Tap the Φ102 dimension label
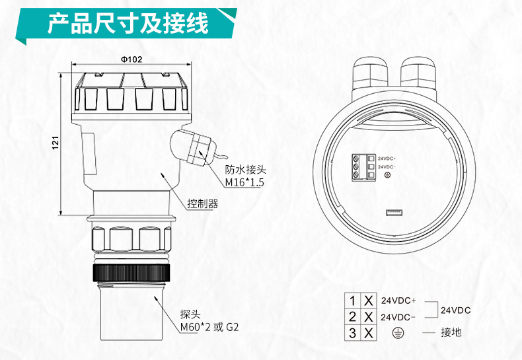coord(131,59)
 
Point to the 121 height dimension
coord(56,141)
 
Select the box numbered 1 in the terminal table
coord(352,301)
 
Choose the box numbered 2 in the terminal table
coord(352,316)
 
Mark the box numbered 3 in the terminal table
coord(352,332)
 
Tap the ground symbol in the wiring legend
coord(398,332)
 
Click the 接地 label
coord(451,332)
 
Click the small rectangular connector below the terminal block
coord(395,212)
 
